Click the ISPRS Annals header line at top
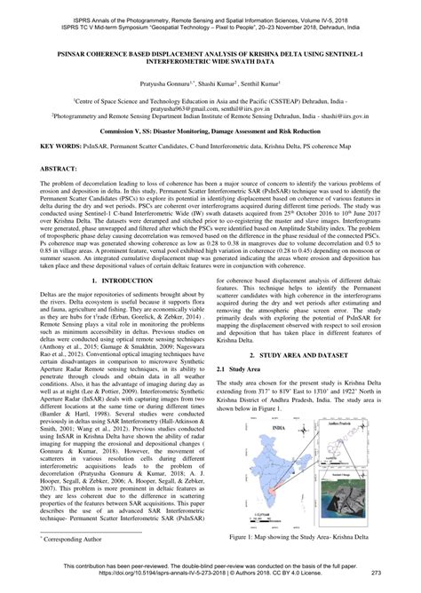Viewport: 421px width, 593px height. [x=210, y=6]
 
